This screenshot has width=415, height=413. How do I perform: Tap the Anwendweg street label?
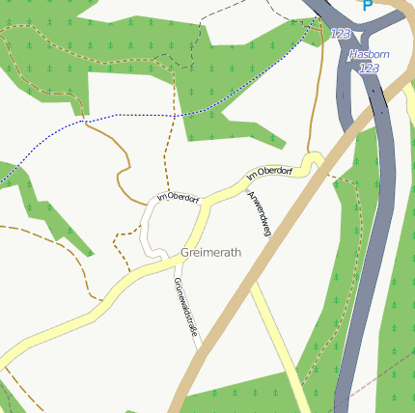coord(260,213)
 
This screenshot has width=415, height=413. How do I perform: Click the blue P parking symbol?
coord(367,6)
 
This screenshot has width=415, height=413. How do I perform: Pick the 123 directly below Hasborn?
coord(369,69)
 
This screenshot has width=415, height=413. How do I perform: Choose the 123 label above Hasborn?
coord(340,34)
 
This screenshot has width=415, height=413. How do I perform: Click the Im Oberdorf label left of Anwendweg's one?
coord(178,198)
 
